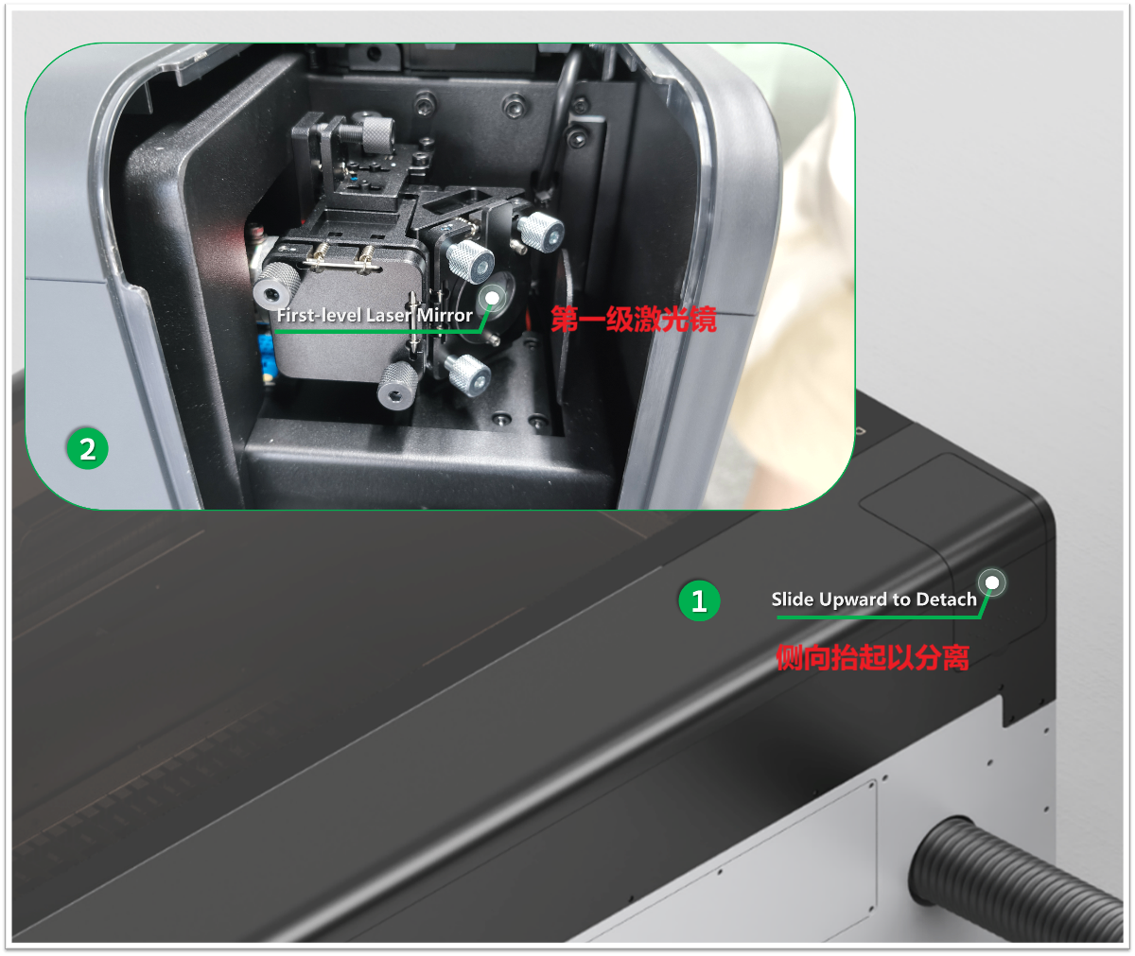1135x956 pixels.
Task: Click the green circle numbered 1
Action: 699,600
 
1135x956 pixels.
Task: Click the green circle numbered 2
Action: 87,449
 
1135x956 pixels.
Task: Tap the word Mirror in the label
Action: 445,315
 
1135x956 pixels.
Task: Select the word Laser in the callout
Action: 389,315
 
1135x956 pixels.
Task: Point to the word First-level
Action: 319,315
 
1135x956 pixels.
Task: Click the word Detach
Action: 947,600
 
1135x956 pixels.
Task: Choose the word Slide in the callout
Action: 793,600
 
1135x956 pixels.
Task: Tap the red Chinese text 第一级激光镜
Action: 634,319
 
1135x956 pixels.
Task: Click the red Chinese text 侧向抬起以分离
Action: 872,657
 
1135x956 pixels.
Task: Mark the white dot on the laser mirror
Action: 492,298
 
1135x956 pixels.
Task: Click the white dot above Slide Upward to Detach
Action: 992,582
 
